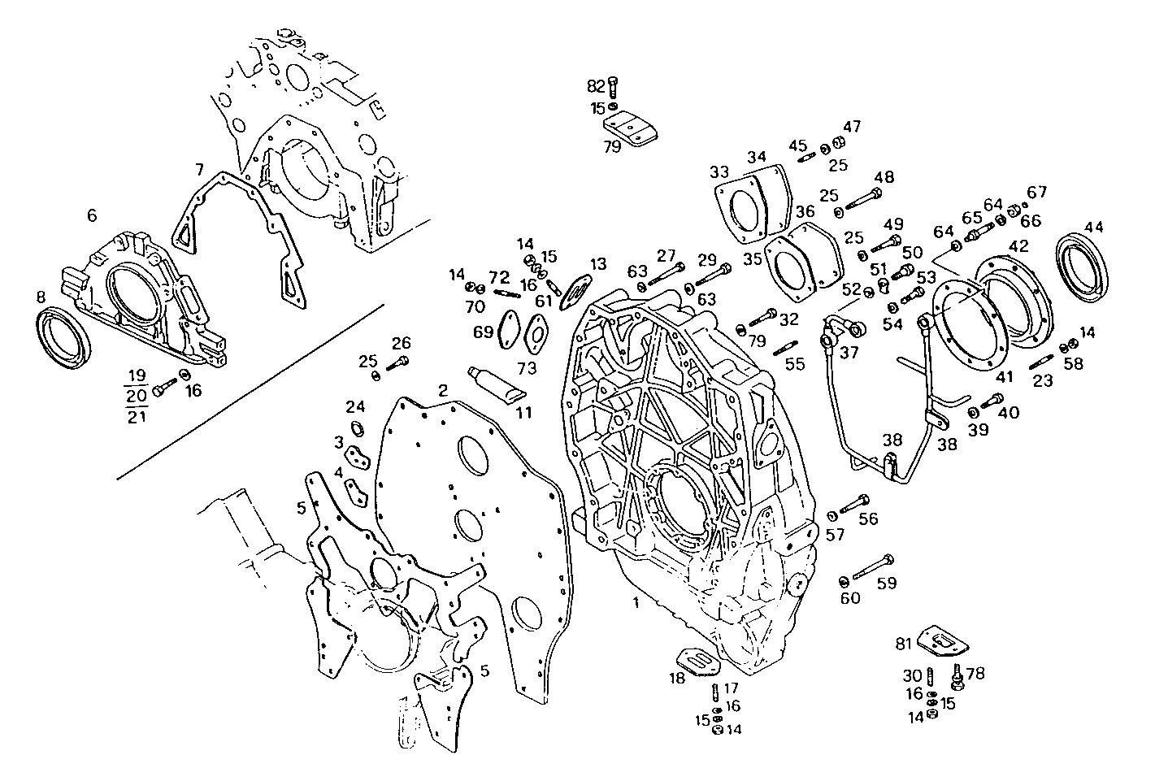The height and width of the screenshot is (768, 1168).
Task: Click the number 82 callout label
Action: click(x=596, y=86)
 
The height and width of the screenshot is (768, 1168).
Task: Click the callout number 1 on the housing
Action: click(x=636, y=603)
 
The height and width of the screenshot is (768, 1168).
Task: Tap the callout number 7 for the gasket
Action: click(x=198, y=169)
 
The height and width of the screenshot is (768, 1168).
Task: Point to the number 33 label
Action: click(x=719, y=172)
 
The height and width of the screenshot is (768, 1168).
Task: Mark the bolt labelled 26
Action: click(x=398, y=364)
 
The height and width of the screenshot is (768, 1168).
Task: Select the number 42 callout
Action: click(x=1019, y=245)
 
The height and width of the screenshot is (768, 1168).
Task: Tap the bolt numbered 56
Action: click(x=854, y=505)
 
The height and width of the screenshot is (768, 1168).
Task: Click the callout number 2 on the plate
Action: click(x=443, y=391)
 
